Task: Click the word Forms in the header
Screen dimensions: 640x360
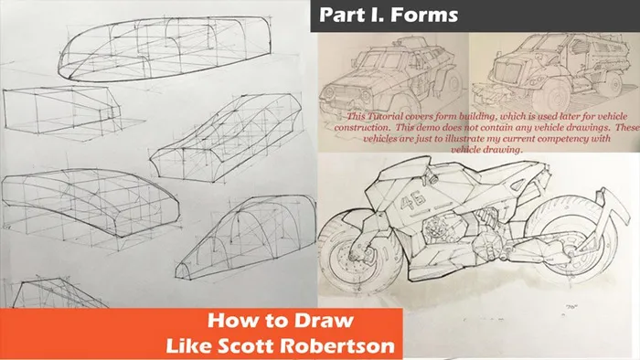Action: tap(424, 16)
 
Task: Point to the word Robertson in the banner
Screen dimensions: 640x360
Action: tap(338, 345)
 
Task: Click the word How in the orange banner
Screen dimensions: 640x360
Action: tap(228, 321)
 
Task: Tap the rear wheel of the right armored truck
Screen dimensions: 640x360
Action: tap(613, 85)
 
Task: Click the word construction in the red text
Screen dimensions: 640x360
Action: tap(358, 128)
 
